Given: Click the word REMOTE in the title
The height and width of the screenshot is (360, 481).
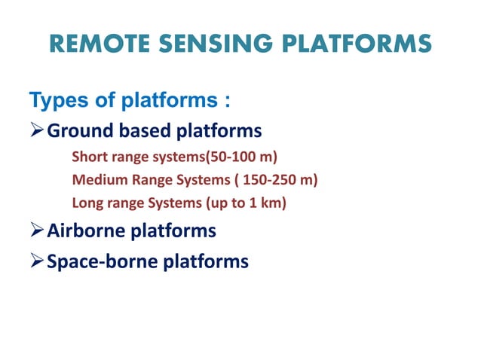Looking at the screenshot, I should pyautogui.click(x=100, y=43).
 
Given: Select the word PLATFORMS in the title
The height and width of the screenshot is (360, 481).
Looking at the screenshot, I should pyautogui.click(x=367, y=43).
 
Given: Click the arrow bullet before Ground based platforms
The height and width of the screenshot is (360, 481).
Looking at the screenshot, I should pyautogui.click(x=36, y=132).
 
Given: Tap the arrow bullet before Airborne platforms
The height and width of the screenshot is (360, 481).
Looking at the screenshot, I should pyautogui.click(x=36, y=230).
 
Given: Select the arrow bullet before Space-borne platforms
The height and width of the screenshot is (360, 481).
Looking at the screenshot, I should pyautogui.click(x=36, y=261).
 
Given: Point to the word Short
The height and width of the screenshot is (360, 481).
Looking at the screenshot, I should pyautogui.click(x=87, y=157).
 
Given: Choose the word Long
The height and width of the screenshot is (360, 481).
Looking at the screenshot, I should pyautogui.click(x=85, y=203).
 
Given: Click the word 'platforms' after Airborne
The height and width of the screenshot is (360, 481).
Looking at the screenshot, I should pyautogui.click(x=176, y=230).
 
